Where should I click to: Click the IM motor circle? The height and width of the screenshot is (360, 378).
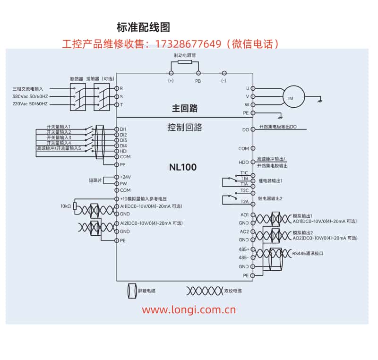click(291, 98)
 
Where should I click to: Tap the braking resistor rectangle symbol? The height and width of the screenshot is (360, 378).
click(185, 62)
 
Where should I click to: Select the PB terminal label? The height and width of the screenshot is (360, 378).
click(198, 81)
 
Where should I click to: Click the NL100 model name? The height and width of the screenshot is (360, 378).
click(183, 167)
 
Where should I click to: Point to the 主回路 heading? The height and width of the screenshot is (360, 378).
click(184, 109)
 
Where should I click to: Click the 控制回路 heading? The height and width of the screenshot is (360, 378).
click(184, 127)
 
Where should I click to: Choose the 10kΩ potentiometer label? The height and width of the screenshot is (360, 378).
click(65, 206)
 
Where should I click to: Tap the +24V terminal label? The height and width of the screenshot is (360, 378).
click(125, 177)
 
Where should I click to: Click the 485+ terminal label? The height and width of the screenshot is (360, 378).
click(244, 249)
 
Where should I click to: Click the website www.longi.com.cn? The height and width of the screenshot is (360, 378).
click(189, 310)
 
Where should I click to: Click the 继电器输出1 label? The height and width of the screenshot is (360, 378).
click(270, 181)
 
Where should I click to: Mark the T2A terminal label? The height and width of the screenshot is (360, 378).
click(244, 202)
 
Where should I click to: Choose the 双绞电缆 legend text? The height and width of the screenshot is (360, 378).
click(233, 291)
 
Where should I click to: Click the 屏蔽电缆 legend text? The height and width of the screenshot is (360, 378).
click(146, 291)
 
